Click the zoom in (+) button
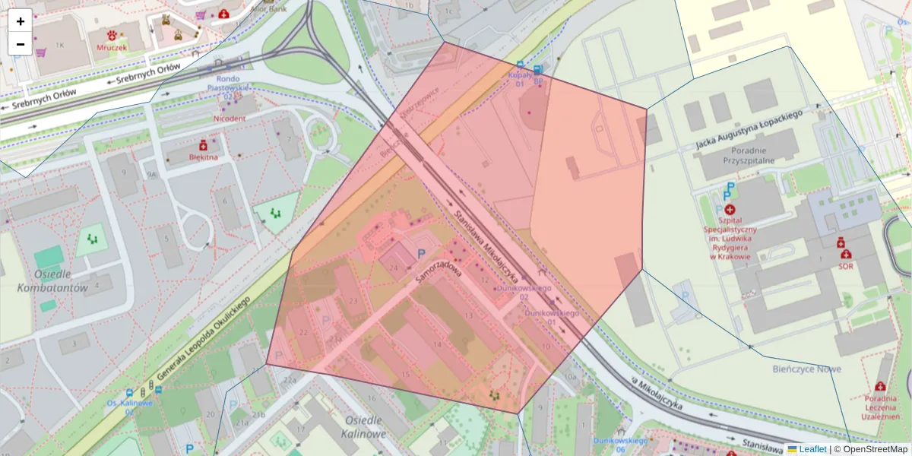tap(20, 21)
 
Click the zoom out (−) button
tap(20, 43)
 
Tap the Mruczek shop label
tap(112, 47)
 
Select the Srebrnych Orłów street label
tap(144, 74)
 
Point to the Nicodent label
tap(229, 119)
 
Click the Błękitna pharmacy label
tap(203, 157)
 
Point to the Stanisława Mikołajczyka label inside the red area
tap(486, 244)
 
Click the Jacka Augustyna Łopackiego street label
tap(749, 128)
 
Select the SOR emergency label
tap(845, 266)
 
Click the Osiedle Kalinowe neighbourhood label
tap(366, 426)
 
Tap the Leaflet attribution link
tap(812, 449)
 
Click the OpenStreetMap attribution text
tap(875, 449)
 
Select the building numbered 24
tap(394, 268)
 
